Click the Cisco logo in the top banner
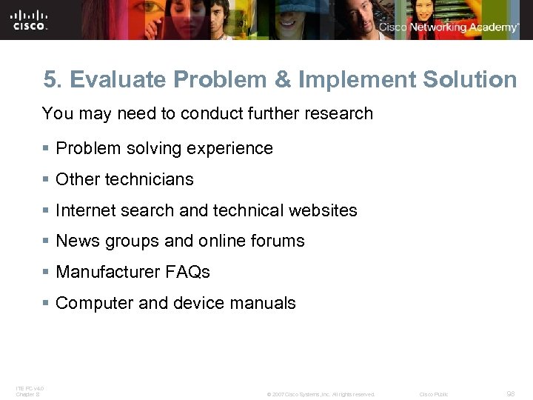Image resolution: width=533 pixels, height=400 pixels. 30,20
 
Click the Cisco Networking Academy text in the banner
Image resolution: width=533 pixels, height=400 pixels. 449,27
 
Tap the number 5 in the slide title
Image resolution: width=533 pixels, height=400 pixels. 49,80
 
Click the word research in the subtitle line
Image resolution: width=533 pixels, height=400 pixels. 341,114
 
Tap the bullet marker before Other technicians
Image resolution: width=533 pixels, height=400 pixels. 46,179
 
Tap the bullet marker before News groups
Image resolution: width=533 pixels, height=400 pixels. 46,241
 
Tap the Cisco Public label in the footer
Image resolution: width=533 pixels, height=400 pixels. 433,394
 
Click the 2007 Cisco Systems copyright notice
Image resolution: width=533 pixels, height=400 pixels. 321,394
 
